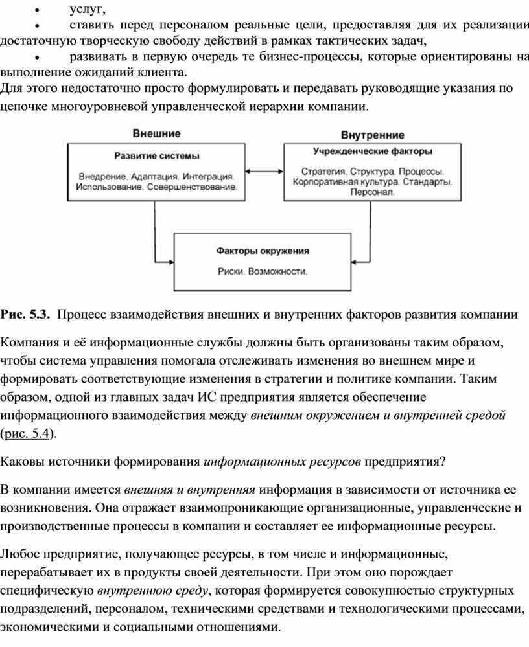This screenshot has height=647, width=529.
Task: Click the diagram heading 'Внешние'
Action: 156,133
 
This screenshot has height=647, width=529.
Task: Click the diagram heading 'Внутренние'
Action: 373,135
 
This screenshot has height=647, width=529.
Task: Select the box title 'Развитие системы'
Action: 157,156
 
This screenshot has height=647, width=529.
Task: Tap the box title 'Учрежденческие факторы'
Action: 373,152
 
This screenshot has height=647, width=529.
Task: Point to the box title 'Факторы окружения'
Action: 263,251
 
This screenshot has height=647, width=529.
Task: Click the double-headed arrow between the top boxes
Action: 264,171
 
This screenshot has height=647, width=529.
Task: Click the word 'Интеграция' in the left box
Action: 208,177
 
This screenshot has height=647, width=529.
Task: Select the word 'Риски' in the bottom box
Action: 231,271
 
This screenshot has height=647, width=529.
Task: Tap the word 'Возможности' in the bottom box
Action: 277,271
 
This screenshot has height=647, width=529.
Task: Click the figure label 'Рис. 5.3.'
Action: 25,314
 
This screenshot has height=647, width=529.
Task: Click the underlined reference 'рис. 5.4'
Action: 27,433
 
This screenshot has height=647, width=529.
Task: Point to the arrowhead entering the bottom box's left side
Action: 171,262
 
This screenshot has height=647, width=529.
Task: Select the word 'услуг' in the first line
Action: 88,8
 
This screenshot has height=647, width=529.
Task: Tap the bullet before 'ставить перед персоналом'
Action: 37,25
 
